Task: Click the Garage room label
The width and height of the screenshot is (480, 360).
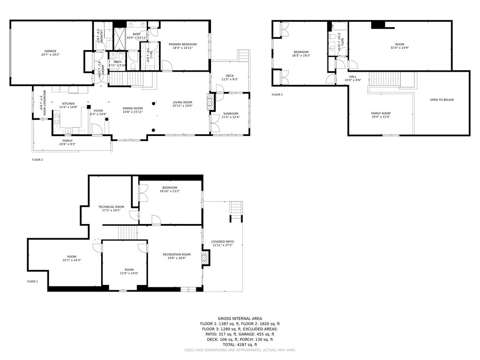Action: tap(50, 51)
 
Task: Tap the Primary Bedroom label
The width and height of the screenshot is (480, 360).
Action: tap(182, 44)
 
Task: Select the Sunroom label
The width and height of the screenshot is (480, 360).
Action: tap(230, 113)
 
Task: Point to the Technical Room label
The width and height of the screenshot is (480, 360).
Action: tap(111, 207)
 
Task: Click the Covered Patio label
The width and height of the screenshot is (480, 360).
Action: tap(222, 242)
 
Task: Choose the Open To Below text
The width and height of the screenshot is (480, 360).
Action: tap(442, 100)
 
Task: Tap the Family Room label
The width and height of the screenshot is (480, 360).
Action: tap(381, 113)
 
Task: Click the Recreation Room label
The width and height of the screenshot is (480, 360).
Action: tap(176, 255)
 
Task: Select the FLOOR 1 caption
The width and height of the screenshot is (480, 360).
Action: tap(32, 281)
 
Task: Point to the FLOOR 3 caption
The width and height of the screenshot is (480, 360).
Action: tap(277, 95)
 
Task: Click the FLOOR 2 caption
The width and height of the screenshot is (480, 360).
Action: tap(37, 160)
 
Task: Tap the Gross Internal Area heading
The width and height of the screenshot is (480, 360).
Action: tap(240, 318)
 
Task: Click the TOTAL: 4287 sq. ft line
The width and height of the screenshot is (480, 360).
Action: tap(240, 345)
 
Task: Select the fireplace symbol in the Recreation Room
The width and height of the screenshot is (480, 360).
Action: tap(204, 257)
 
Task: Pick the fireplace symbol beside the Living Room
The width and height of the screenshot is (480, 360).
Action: tap(210, 101)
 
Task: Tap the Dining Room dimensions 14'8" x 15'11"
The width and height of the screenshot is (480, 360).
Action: tap(133, 112)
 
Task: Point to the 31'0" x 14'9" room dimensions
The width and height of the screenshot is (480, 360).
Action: tap(400, 48)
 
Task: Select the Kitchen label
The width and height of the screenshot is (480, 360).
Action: tap(68, 104)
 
